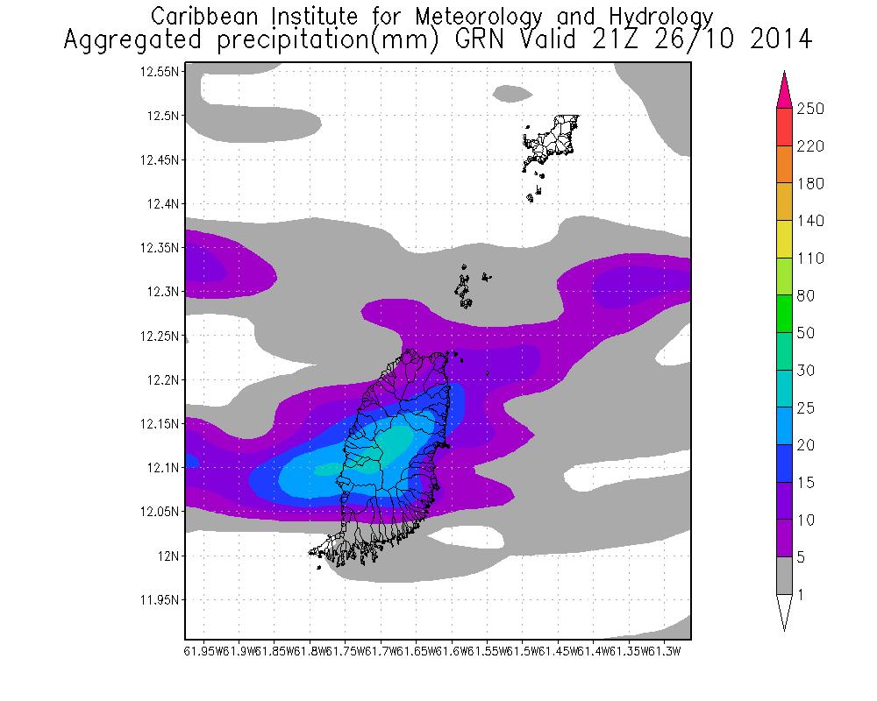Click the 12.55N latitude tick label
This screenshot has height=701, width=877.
pyautogui.click(x=160, y=72)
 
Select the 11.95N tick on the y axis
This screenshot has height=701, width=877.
pyautogui.click(x=160, y=600)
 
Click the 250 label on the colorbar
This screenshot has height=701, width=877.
pyautogui.click(x=811, y=109)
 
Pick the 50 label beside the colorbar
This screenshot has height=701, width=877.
pyautogui.click(x=806, y=334)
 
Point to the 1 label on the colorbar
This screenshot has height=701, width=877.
pyautogui.click(x=801, y=596)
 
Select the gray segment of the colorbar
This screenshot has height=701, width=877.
pyautogui.click(x=784, y=576)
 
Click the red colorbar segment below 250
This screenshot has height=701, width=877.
pyautogui.click(x=784, y=127)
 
